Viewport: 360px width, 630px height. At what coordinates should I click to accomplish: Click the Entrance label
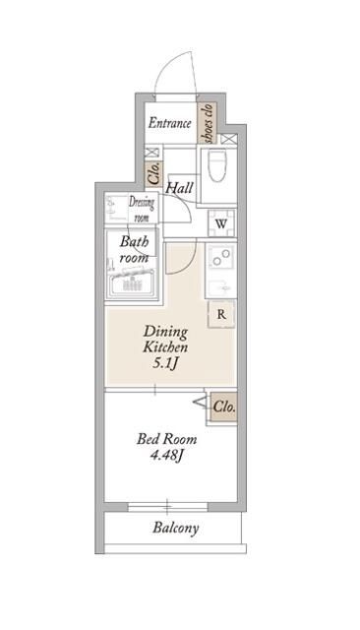[x=168, y=124]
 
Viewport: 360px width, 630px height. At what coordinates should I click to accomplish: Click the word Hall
[x=179, y=188]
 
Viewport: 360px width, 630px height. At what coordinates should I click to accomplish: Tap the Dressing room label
[x=142, y=209]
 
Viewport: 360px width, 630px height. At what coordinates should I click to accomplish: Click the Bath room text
[x=134, y=249]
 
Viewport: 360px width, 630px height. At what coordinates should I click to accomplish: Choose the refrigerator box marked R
[x=221, y=315]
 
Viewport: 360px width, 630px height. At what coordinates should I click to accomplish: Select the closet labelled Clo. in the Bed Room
[x=223, y=406]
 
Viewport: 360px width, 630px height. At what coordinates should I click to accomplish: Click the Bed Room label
[x=166, y=439]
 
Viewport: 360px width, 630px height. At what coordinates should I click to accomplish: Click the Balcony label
[x=176, y=528]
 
